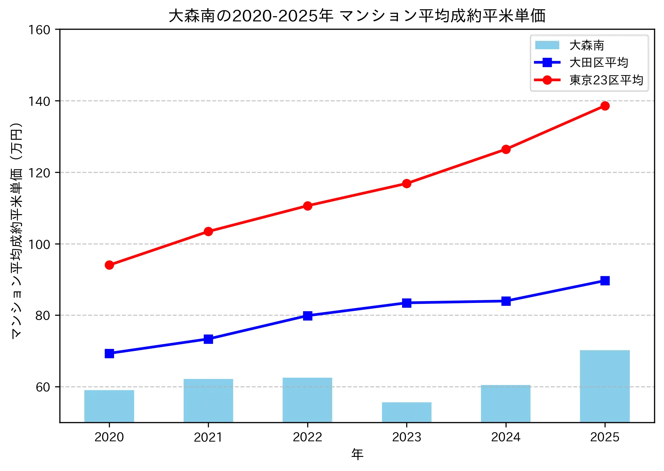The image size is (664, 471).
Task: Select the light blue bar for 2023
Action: [x=406, y=412]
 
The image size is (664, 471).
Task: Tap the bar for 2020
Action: [x=109, y=406]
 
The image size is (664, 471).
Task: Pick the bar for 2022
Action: [x=307, y=400]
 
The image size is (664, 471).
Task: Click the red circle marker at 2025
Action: [x=605, y=106]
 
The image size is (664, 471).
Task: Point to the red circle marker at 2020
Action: [x=109, y=265]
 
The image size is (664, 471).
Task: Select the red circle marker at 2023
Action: [x=406, y=183]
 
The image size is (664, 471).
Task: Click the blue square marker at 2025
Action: [x=605, y=281]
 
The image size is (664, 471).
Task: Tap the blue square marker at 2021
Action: [x=208, y=339]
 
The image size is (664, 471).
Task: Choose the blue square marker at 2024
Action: [x=506, y=301]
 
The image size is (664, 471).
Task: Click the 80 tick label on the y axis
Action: [x=43, y=316]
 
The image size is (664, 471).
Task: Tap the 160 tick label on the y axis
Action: [x=39, y=30]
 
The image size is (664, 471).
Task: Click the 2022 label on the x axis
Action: [x=307, y=437]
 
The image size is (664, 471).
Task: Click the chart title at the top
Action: [x=357, y=16]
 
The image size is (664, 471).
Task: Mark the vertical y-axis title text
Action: [x=17, y=230]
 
